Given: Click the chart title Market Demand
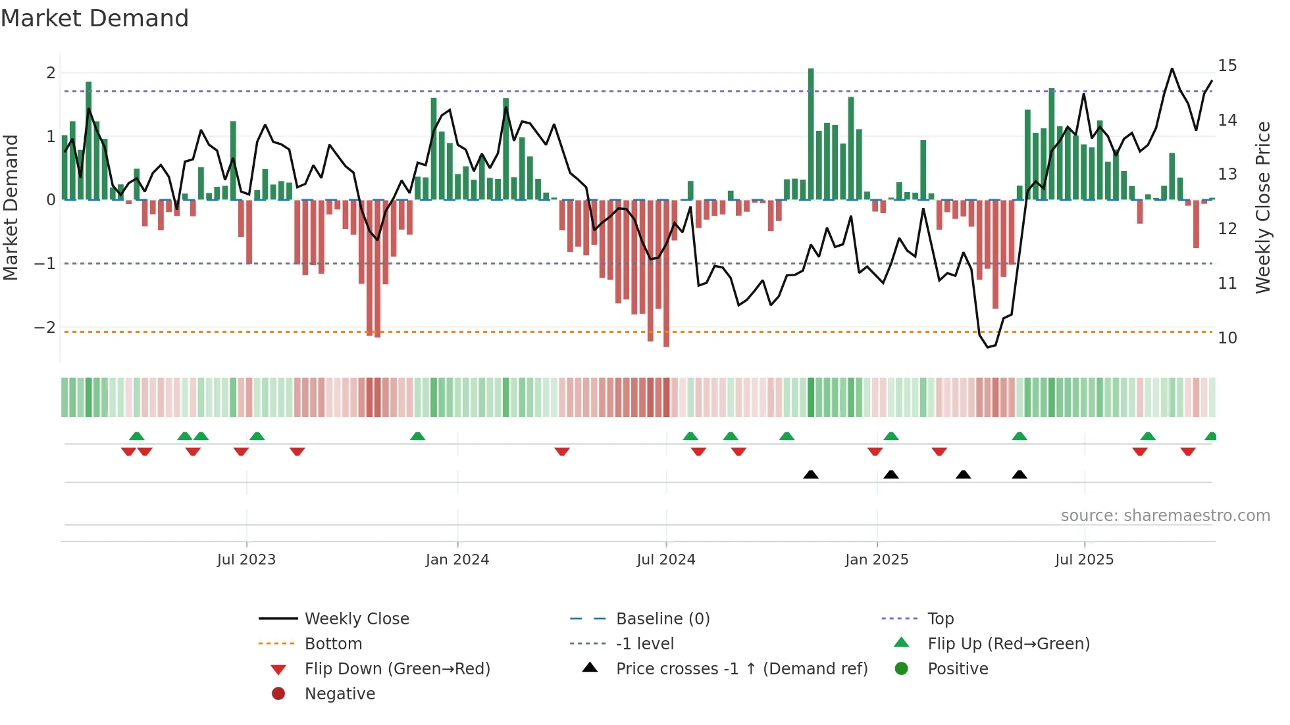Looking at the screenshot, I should click(x=95, y=18).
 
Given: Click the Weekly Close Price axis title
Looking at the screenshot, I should click(x=1262, y=207).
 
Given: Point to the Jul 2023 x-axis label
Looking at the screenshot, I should click(x=246, y=560).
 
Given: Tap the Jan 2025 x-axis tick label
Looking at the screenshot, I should click(x=877, y=560).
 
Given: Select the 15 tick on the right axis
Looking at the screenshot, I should click(x=1227, y=66).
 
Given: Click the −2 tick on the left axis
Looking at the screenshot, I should click(x=45, y=327).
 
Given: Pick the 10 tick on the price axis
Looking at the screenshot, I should click(x=1227, y=338).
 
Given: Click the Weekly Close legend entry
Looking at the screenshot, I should click(x=356, y=619).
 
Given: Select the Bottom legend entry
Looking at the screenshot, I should click(x=333, y=644).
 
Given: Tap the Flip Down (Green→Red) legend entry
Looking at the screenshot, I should click(x=397, y=669).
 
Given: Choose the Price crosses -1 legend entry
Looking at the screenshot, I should click(x=741, y=669).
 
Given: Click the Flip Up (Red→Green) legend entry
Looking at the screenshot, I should click(x=1008, y=644).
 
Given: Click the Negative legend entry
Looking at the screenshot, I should click(x=340, y=694).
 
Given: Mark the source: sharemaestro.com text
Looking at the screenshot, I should click(x=1165, y=516).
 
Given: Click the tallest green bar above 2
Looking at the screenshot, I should click(x=811, y=132).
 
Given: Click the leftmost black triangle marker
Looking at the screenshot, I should click(x=811, y=474).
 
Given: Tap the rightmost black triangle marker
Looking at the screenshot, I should click(x=1019, y=474).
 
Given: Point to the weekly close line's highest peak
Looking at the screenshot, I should click(x=1172, y=69).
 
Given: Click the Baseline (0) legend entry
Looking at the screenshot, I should click(x=662, y=619).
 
